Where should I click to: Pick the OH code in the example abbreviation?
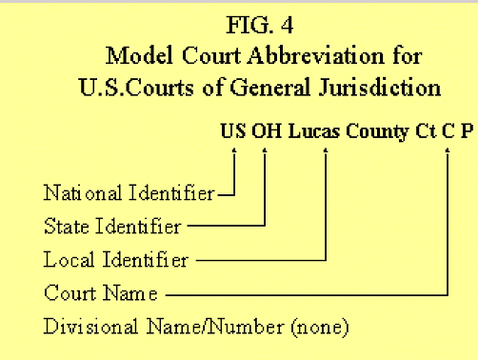tap(266, 130)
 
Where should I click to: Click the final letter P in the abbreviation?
tap(466, 130)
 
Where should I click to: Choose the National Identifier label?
tap(129, 193)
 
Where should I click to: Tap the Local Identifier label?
tap(116, 258)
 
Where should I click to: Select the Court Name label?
tap(101, 290)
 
